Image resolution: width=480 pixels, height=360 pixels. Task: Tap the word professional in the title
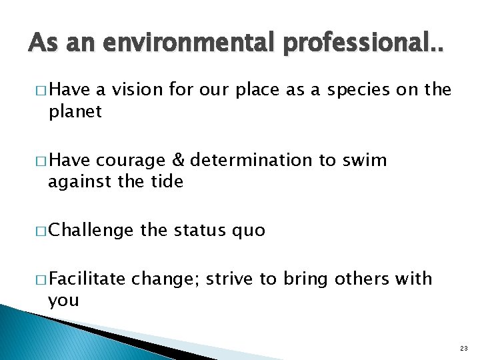(x=353, y=45)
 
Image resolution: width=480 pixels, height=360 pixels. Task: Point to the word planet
(x=75, y=111)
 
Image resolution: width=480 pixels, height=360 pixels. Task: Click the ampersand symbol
(x=177, y=160)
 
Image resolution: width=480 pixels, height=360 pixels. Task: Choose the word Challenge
(x=91, y=231)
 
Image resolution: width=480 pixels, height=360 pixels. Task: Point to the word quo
(x=248, y=231)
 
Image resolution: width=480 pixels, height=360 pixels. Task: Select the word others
(x=357, y=279)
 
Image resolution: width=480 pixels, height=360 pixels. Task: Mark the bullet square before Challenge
(x=41, y=231)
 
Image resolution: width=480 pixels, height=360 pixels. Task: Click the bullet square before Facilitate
(x=41, y=279)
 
